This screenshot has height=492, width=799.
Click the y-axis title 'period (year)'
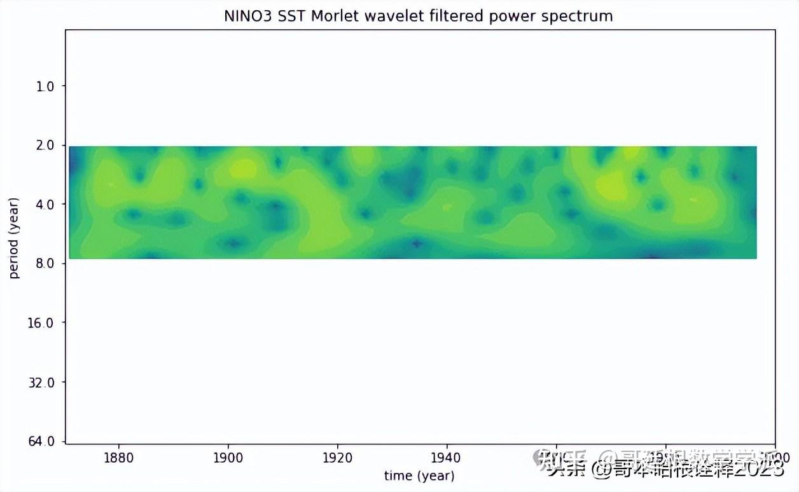click(x=14, y=238)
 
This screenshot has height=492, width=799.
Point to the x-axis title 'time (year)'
click(x=419, y=475)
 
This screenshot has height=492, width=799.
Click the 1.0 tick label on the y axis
click(x=45, y=86)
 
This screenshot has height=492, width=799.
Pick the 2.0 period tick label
click(x=45, y=145)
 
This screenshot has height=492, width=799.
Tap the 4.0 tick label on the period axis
click(x=45, y=204)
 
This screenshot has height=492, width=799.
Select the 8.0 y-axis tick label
click(x=45, y=263)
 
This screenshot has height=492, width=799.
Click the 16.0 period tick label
click(x=42, y=323)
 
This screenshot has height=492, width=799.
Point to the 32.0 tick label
click(x=42, y=382)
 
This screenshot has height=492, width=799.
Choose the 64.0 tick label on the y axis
click(x=42, y=441)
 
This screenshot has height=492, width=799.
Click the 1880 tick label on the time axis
click(x=119, y=457)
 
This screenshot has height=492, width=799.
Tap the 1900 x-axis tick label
click(x=228, y=457)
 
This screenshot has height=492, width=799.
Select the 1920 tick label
click(x=338, y=457)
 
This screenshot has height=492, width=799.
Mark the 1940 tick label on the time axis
click(x=447, y=457)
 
